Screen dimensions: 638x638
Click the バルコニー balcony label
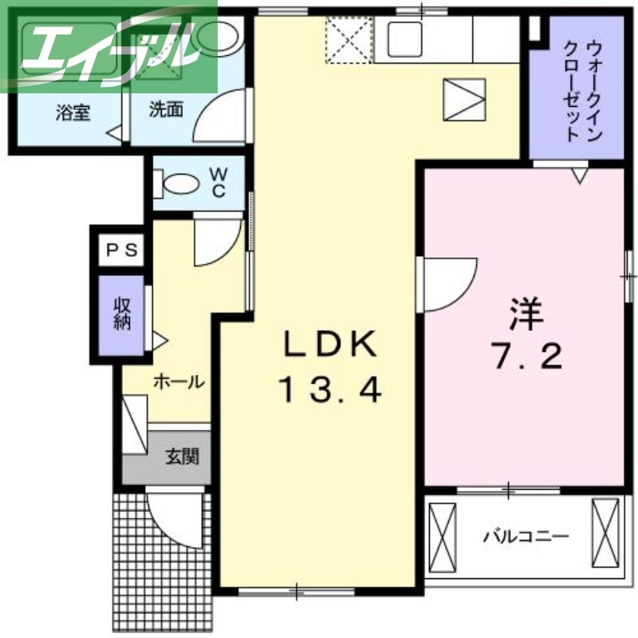point(526,537)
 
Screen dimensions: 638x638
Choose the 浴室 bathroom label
point(73,112)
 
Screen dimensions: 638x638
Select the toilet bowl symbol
point(179,184)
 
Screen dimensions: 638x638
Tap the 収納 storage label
point(122,313)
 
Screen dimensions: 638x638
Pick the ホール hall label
point(178,382)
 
